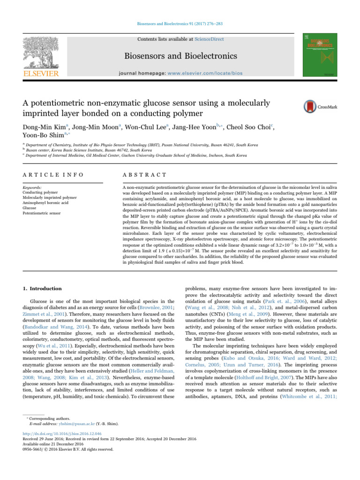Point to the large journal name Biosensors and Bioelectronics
coord(180,57)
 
